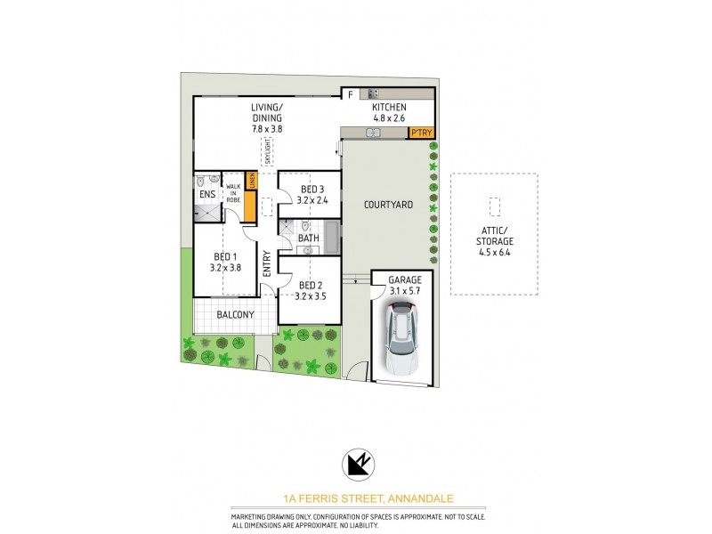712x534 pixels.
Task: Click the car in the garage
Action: pyautogui.click(x=401, y=338)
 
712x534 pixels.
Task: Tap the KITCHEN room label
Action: pyautogui.click(x=388, y=108)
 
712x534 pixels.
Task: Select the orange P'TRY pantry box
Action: pyautogui.click(x=420, y=133)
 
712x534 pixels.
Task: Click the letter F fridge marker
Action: pyautogui.click(x=350, y=93)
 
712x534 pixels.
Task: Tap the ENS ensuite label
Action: pyautogui.click(x=206, y=194)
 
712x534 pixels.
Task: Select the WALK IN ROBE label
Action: pyautogui.click(x=233, y=193)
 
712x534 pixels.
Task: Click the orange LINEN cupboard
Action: pyautogui.click(x=251, y=181)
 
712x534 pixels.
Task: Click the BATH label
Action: pyautogui.click(x=309, y=239)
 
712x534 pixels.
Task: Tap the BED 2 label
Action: pyautogui.click(x=310, y=285)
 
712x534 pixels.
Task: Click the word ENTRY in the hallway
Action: pyautogui.click(x=267, y=263)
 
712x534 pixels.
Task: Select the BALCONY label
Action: pyautogui.click(x=236, y=315)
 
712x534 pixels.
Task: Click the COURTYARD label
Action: pyautogui.click(x=389, y=206)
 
